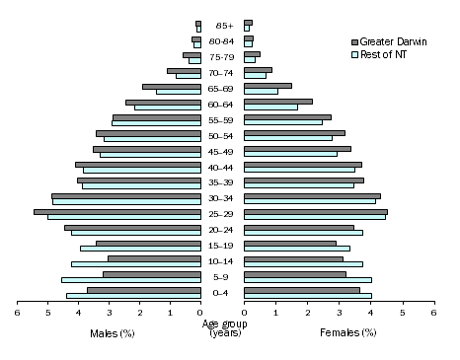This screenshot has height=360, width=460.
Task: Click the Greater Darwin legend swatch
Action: (355, 41)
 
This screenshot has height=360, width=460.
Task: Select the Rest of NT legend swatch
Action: (355, 53)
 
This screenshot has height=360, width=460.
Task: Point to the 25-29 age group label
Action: (222, 214)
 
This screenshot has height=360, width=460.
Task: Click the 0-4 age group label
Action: (222, 293)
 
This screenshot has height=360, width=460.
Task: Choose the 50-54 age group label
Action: (222, 135)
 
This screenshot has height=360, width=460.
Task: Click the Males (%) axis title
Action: (112, 332)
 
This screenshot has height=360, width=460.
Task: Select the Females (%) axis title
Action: (347, 332)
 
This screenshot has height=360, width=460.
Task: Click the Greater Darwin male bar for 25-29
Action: (117, 211)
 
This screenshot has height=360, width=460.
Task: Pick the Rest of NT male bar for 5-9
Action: (131, 280)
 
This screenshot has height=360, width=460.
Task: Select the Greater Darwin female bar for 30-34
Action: (312, 195)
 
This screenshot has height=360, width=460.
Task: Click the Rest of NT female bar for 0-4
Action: (308, 296)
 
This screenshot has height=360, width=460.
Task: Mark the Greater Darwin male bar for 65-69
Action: (172, 86)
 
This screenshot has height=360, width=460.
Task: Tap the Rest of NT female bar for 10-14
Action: (303, 264)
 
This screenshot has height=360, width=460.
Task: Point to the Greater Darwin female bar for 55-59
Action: (287, 116)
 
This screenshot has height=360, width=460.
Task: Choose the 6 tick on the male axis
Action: (17, 312)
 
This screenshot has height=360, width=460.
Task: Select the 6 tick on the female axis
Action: (433, 312)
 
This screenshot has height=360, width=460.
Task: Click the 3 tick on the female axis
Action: (339, 312)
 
